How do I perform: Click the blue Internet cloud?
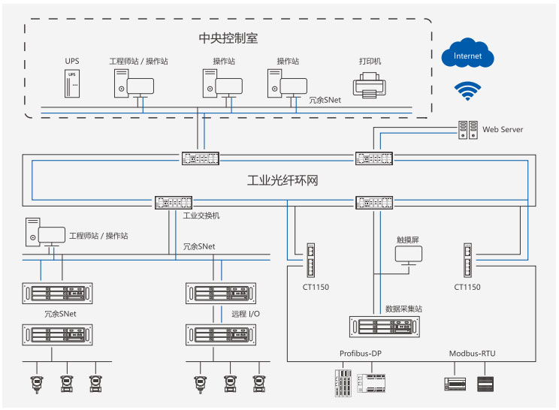[x=467, y=56]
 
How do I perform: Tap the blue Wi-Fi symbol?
[x=467, y=91]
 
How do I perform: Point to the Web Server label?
[x=503, y=130]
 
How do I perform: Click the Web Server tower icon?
[x=468, y=131]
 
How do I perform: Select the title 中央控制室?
[x=228, y=38]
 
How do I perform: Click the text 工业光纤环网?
[x=283, y=181]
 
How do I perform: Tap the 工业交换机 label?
[x=201, y=216]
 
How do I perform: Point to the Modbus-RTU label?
[x=472, y=353]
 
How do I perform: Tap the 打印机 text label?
[x=370, y=62]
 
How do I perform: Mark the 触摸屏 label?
[x=410, y=240]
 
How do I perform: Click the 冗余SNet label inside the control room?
[x=325, y=98]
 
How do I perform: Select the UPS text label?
[x=71, y=62]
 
